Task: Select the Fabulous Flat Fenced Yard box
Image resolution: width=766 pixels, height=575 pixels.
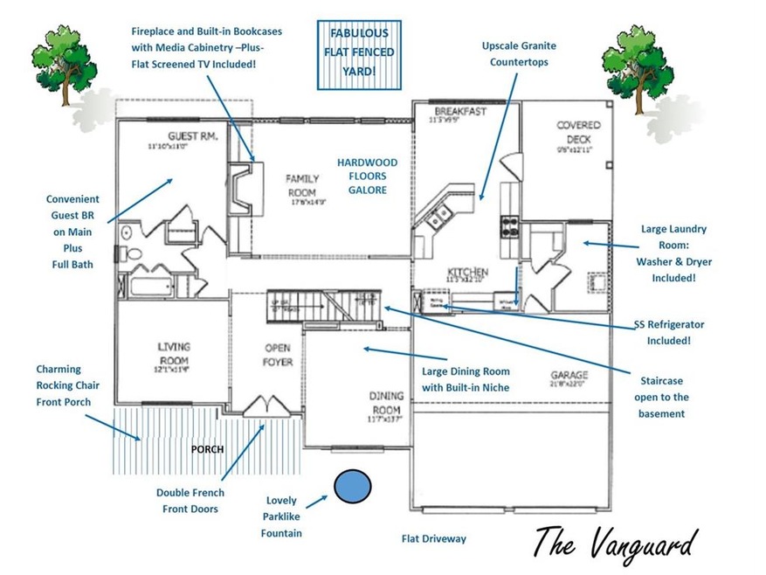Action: point(361,52)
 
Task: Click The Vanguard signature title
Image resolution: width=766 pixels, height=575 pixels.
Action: point(617,541)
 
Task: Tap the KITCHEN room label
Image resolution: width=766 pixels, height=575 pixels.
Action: point(467,273)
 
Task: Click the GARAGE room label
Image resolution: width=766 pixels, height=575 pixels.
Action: point(569,375)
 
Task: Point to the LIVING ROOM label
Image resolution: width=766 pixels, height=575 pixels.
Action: point(174,352)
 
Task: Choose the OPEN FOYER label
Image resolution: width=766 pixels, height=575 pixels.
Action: point(278,356)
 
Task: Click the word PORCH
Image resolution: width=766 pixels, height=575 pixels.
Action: point(207,449)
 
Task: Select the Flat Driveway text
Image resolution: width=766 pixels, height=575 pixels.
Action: point(433,539)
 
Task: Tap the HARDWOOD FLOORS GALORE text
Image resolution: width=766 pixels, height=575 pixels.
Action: point(368,176)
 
